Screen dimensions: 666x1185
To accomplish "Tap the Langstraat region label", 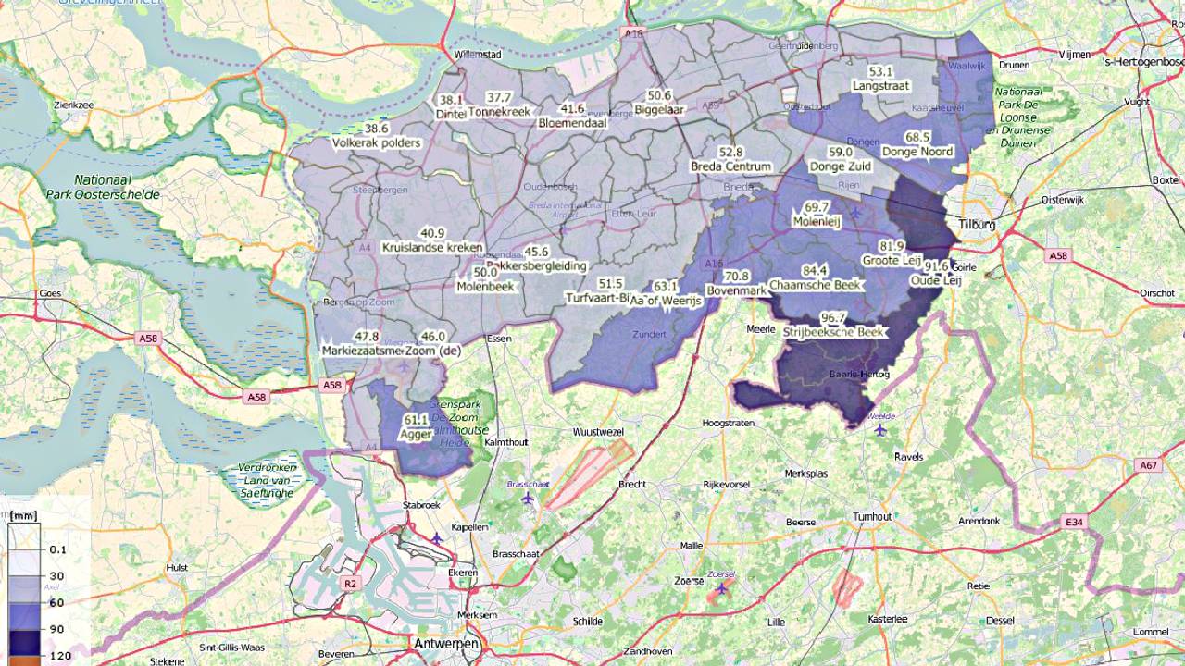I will click(x=880, y=85).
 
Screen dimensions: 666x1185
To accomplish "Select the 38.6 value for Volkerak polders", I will click(x=377, y=129).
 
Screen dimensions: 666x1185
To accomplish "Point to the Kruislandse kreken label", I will click(x=432, y=248).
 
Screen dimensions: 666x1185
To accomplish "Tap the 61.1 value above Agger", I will click(x=417, y=420).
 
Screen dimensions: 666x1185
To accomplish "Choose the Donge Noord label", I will click(x=917, y=152).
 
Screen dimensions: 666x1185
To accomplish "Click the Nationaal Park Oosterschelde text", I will click(x=103, y=188).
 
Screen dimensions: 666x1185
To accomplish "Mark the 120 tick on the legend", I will click(x=57, y=655).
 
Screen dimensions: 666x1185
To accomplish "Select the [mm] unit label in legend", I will click(x=24, y=516).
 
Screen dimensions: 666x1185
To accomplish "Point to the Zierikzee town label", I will click(x=74, y=105).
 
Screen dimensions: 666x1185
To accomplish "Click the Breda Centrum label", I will click(x=730, y=166).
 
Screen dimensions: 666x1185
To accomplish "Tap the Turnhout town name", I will click(x=872, y=516).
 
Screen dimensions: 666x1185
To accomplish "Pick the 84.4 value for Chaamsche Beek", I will click(x=815, y=271).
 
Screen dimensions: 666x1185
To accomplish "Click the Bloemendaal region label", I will click(x=572, y=122).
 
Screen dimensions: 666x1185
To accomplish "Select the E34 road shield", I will click(x=1074, y=524).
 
